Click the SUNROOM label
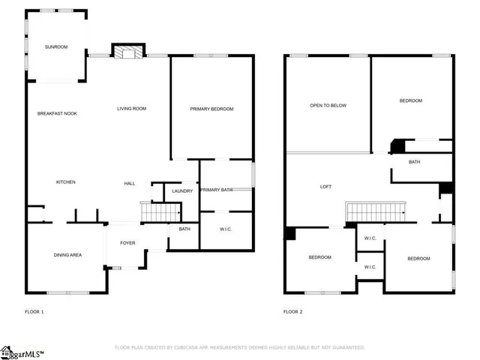pyautogui.click(x=55, y=47)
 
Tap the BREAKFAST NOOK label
pyautogui.click(x=57, y=113)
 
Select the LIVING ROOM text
pyautogui.click(x=131, y=109)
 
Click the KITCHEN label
pyautogui.click(x=66, y=182)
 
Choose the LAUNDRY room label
pyautogui.click(x=182, y=191)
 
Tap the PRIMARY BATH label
pyautogui.click(x=216, y=190)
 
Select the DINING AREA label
pyautogui.click(x=67, y=256)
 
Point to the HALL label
pyautogui.click(x=129, y=184)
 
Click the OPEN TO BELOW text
pyautogui.click(x=328, y=106)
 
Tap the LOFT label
pyautogui.click(x=326, y=187)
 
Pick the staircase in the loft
pyautogui.click(x=374, y=213)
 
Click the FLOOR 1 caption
pyautogui.click(x=34, y=311)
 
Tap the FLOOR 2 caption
pyautogui.click(x=292, y=311)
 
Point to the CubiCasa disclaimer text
pyautogui.click(x=239, y=347)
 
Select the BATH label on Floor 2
pyautogui.click(x=414, y=162)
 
